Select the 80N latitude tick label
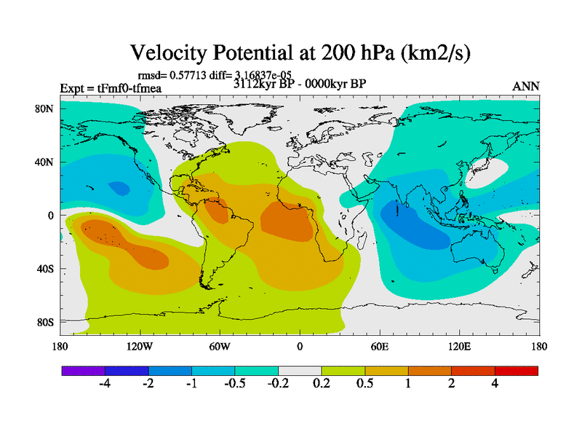pos(45,109)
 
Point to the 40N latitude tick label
pos(45,162)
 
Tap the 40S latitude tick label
pos(45,269)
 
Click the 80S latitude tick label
pos(45,322)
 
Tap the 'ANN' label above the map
pos(526,86)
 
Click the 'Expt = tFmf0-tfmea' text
pos(110,89)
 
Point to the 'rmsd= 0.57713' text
pos(170,74)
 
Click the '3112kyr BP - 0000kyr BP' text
pos(300,83)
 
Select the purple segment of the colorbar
pos(83,371)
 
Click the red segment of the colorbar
pos(516,371)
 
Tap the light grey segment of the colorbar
pos(300,371)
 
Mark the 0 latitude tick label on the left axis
pos(52,216)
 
